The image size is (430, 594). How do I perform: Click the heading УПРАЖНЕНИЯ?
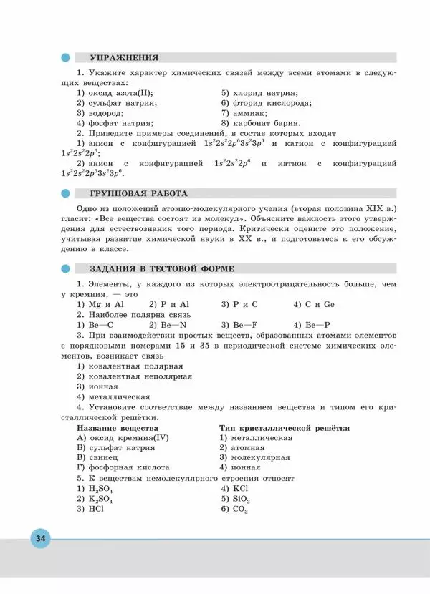(x=123, y=57)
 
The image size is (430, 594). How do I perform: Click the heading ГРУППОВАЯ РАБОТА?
(x=138, y=193)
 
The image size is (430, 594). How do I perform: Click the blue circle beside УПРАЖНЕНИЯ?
(x=67, y=57)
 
